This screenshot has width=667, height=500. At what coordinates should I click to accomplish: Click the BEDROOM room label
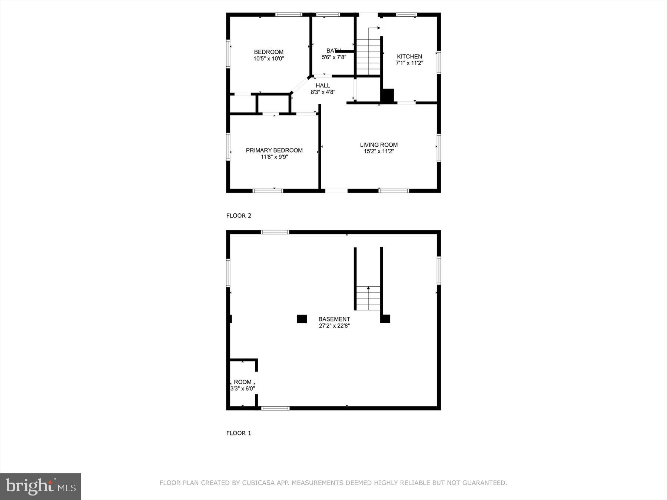click(269, 52)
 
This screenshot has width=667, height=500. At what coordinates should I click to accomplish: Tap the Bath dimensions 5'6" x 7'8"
click(334, 57)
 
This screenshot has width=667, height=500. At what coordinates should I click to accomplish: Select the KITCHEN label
click(409, 56)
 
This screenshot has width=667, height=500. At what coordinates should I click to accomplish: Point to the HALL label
click(323, 86)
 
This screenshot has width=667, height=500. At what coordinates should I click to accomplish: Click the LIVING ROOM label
click(379, 145)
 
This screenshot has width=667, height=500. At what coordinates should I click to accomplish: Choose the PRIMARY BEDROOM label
click(274, 150)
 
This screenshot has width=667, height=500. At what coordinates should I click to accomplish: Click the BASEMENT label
click(334, 319)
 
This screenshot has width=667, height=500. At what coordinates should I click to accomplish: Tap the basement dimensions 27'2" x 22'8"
click(334, 326)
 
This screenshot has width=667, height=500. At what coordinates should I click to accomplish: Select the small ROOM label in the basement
click(243, 382)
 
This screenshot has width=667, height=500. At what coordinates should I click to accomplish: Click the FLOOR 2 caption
click(239, 216)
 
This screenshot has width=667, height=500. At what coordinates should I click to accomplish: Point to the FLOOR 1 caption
click(239, 433)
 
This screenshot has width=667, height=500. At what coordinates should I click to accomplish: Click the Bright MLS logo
click(41, 486)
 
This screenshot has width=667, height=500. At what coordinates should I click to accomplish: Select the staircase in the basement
click(368, 298)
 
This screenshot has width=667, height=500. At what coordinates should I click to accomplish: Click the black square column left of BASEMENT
click(302, 319)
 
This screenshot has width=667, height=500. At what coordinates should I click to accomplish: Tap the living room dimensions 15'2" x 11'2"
click(379, 151)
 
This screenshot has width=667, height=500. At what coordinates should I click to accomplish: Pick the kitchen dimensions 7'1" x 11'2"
click(409, 63)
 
